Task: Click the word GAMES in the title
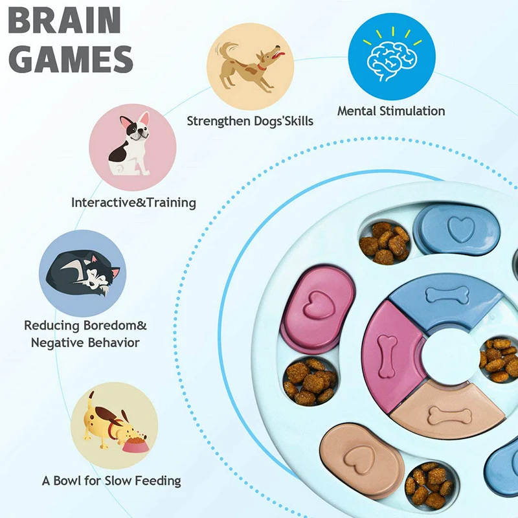tap(72, 59)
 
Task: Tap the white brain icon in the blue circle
tap(390, 60)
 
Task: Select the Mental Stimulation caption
tap(391, 111)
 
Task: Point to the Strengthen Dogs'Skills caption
tap(250, 120)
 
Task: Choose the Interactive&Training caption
tap(133, 203)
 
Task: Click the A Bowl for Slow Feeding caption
tap(111, 481)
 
